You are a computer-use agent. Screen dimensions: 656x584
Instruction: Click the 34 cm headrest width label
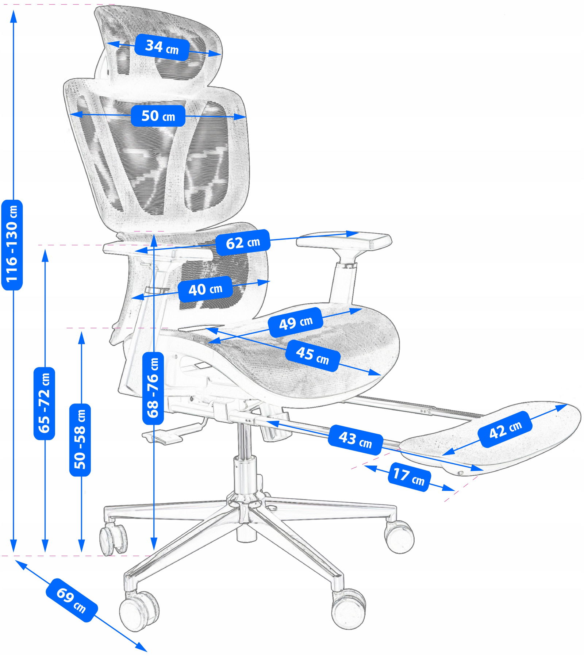pos(162,47)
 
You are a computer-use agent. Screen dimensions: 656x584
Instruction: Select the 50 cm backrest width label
pos(158,116)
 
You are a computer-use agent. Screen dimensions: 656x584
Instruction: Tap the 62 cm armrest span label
pos(243,242)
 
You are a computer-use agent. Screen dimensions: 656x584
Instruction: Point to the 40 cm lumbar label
pos(205,289)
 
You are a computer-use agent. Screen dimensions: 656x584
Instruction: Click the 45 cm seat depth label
pos(312,356)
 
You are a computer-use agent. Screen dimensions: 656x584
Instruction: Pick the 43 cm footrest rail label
pos(355,440)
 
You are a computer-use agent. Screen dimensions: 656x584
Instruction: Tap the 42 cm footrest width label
pos(505,429)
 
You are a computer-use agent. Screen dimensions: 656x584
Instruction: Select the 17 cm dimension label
pos(409,477)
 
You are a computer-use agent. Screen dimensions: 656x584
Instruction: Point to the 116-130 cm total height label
pos(12,245)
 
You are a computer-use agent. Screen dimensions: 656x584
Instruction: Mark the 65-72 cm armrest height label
pos(44,403)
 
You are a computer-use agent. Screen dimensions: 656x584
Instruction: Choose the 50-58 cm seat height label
pos(80,440)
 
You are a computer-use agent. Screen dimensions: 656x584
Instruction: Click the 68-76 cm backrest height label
pos(153,388)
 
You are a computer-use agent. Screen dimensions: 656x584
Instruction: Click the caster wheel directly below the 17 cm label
pos(400,537)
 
